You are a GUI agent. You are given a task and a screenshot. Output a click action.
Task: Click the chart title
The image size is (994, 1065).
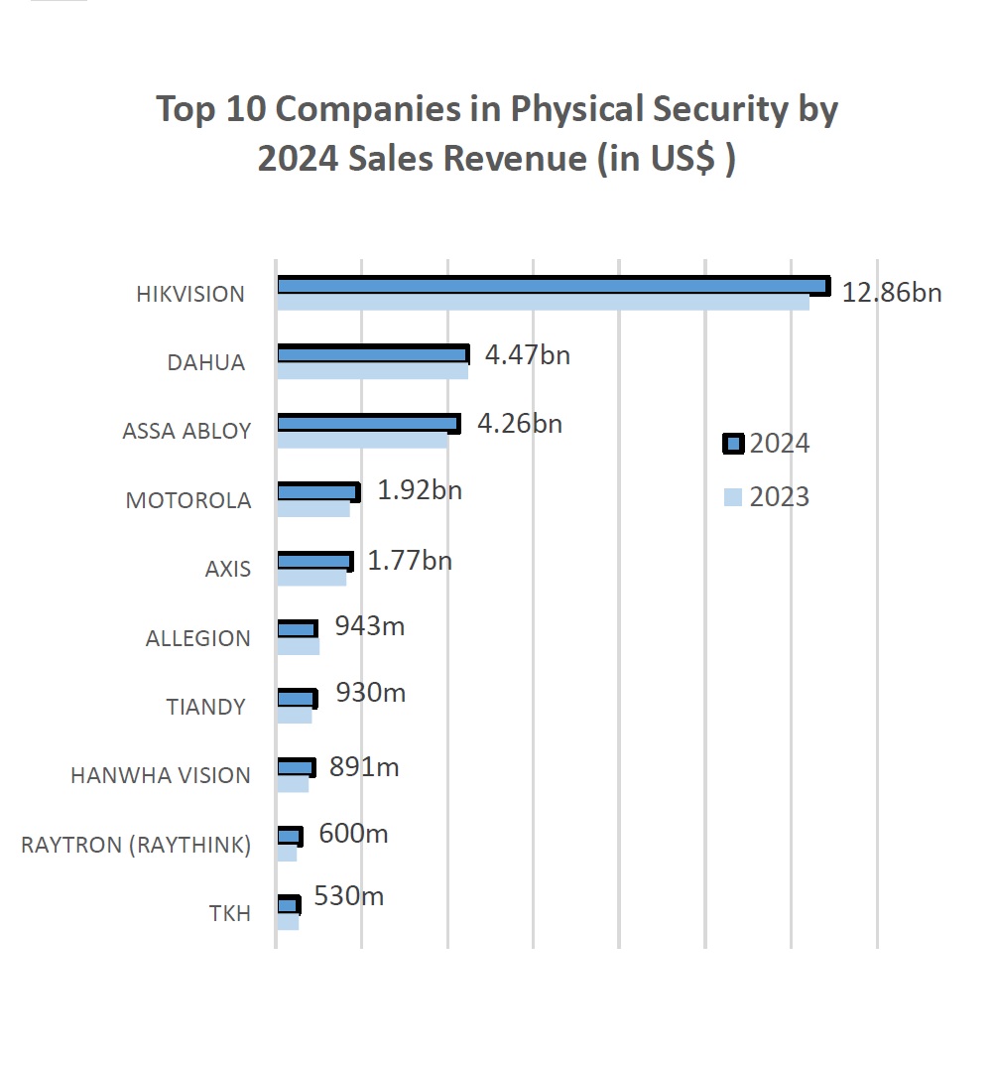tap(497, 134)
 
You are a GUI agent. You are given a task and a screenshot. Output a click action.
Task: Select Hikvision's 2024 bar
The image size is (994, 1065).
tap(552, 286)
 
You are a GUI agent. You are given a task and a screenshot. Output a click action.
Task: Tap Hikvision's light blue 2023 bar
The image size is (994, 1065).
tap(543, 303)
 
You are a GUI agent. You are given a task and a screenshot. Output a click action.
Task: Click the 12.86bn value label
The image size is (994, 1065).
tap(891, 293)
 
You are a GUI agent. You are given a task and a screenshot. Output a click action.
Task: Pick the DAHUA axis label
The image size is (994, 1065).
tap(205, 362)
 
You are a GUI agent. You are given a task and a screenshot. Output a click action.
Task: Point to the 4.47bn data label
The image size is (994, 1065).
tap(527, 355)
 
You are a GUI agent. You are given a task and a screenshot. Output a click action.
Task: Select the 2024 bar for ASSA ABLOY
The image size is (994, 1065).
tap(368, 424)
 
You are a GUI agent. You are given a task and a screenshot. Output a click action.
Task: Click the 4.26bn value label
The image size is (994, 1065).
tap(519, 424)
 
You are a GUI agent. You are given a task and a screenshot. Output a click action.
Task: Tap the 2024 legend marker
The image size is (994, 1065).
tap(733, 444)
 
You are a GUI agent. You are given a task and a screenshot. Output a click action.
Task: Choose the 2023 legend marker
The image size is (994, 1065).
tap(733, 496)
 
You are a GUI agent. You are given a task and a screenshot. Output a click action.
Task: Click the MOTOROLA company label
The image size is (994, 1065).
tap(188, 500)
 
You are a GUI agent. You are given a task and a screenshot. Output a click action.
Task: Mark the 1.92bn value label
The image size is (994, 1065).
tap(420, 491)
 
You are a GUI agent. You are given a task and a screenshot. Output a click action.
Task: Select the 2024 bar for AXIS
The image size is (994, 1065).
tap(314, 561)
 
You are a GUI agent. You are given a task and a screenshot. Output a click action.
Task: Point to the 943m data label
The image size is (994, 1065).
tap(369, 626)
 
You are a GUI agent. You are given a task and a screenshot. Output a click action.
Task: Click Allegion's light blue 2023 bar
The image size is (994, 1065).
tap(298, 647)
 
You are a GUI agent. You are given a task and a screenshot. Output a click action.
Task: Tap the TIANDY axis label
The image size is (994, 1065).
tap(205, 707)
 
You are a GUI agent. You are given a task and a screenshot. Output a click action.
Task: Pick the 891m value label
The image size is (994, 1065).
tap(363, 767)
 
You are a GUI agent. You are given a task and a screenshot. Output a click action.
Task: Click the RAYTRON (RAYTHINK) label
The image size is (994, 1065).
tap(136, 845)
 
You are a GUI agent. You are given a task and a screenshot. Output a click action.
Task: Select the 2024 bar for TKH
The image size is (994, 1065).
tap(288, 905)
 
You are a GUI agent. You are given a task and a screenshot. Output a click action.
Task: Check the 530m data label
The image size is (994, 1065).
tap(348, 896)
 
